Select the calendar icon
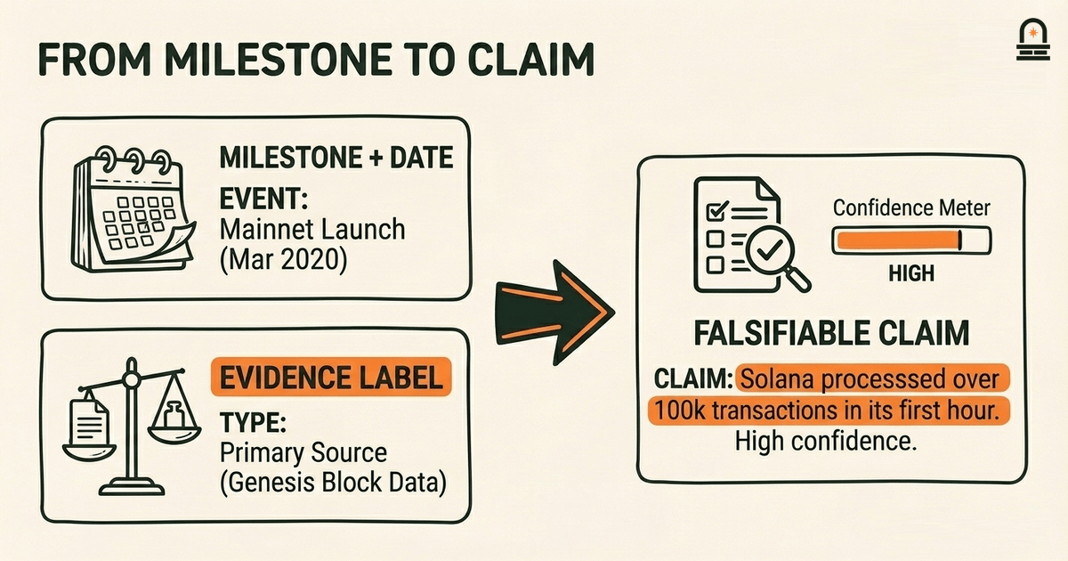tap(133, 209)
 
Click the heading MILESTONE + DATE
tap(336, 158)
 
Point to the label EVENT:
tap(263, 198)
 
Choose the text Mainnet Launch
tap(312, 230)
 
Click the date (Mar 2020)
tap(283, 260)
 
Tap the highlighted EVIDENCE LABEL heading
tap(331, 378)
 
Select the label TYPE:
tap(253, 422)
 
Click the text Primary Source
tap(303, 452)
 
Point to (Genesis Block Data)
tap(333, 483)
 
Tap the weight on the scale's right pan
tap(174, 414)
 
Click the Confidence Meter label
tap(911, 208)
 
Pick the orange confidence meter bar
tap(899, 240)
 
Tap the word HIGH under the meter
tap(911, 273)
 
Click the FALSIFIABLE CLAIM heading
tap(831, 333)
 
